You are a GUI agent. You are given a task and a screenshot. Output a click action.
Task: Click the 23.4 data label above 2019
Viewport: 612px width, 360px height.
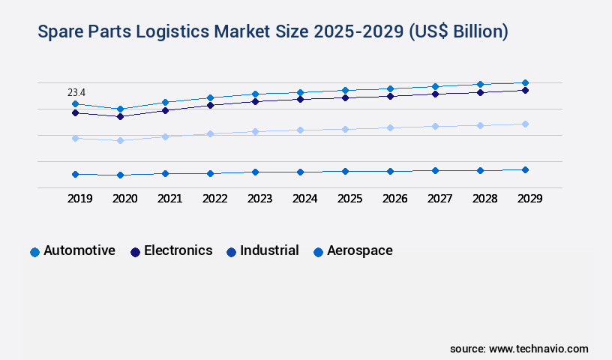tap(76, 92)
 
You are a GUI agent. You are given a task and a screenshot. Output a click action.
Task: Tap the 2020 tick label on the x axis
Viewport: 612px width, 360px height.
tap(124, 199)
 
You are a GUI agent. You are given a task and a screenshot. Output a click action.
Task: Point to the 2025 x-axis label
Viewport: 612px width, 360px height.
tap(349, 199)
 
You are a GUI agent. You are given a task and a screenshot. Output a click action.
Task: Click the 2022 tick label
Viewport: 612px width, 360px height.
tap(214, 199)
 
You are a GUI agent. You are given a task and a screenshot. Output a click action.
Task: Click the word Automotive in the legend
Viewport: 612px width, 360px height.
tap(79, 250)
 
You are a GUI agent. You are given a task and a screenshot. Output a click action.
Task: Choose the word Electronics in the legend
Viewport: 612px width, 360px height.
tap(178, 250)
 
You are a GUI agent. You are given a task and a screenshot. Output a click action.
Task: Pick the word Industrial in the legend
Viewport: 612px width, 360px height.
tap(269, 250)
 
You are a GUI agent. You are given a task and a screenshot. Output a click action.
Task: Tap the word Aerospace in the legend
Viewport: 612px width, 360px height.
tap(360, 250)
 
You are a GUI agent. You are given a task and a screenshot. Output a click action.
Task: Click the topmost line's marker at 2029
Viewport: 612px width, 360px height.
tap(525, 82)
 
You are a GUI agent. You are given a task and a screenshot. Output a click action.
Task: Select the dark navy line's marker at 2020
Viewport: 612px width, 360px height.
tap(120, 116)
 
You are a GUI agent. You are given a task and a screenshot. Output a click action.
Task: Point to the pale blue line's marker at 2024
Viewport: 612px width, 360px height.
tap(300, 130)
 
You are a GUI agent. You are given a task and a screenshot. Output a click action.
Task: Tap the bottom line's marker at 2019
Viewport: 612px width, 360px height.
tap(75, 174)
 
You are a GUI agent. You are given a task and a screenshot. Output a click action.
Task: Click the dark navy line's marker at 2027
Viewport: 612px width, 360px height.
tap(435, 94)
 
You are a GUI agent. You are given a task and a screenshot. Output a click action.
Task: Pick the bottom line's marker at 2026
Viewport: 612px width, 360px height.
tap(390, 171)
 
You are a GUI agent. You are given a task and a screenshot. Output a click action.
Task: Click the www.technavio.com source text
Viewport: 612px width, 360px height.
tap(538, 349)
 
